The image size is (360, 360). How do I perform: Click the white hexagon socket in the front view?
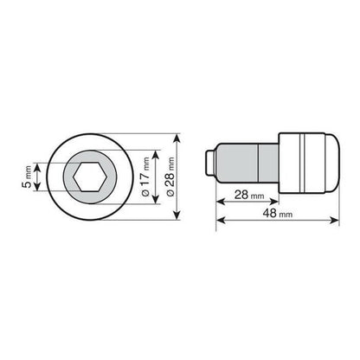pos(90,177)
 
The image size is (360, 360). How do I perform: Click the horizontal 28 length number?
pos(241,195)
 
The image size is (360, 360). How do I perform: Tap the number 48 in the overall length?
pos(270,213)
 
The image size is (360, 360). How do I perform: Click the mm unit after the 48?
pos(286,215)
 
